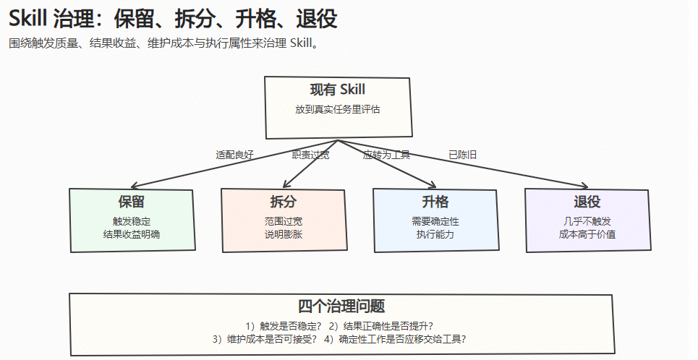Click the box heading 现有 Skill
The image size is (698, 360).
point(337,90)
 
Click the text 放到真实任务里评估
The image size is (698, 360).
point(337,109)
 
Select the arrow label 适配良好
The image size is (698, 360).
point(234,155)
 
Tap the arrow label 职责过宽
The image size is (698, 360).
point(311,155)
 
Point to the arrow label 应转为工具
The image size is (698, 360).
point(386,155)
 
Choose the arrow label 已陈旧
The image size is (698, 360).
point(462,155)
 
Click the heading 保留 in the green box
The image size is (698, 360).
point(132,202)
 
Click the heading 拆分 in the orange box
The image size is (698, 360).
point(283,202)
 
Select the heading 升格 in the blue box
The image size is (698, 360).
point(435,202)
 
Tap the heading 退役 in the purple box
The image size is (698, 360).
point(587,202)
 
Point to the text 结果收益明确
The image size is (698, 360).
point(132,234)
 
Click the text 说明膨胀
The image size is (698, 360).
point(283,234)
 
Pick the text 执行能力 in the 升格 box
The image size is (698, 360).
point(435,234)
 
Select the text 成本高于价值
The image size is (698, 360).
point(587,234)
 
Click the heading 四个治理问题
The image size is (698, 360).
point(341,307)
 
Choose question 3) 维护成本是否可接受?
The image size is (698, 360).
point(265,339)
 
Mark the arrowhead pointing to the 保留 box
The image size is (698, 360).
point(134,187)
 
